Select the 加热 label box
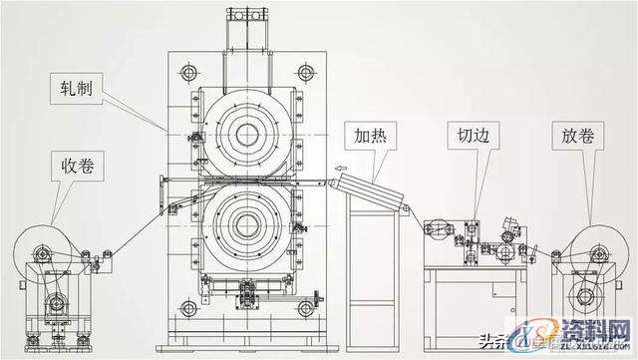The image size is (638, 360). [x=368, y=135]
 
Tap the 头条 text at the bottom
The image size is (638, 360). [x=494, y=340]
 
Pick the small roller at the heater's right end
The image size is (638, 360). [x=405, y=208]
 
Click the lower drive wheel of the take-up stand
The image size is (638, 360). [x=58, y=298]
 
